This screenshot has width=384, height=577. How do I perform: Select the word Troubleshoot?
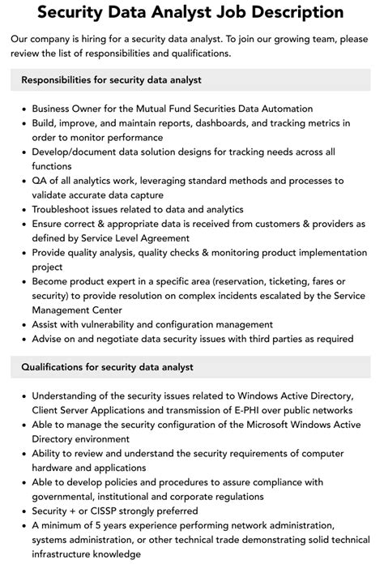pyautogui.click(x=65, y=209)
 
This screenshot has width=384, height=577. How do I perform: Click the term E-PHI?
pyautogui.click(x=235, y=410)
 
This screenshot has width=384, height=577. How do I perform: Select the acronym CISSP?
pyautogui.click(x=113, y=511)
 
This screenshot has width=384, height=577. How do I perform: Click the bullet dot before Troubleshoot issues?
pyautogui.click(x=24, y=209)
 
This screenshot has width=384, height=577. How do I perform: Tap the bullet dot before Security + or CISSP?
pyautogui.click(x=24, y=511)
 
